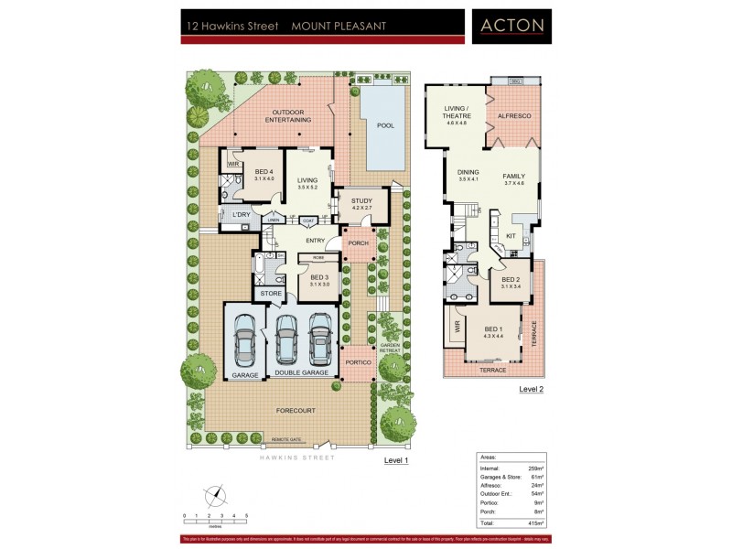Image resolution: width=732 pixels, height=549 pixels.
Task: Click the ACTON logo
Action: (x=511, y=26)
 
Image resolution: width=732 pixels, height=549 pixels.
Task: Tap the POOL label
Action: (x=385, y=125)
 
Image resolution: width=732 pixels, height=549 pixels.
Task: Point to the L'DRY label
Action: (x=242, y=215)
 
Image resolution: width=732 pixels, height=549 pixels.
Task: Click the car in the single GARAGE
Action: (x=244, y=339)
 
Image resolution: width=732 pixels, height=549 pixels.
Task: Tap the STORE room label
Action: (x=270, y=293)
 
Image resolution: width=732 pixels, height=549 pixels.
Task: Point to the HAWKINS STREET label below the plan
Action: (x=295, y=457)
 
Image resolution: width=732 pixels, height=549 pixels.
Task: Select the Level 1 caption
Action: (x=395, y=461)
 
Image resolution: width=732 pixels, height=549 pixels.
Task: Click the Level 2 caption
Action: (x=532, y=389)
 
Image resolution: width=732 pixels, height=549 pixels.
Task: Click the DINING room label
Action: (x=468, y=173)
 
